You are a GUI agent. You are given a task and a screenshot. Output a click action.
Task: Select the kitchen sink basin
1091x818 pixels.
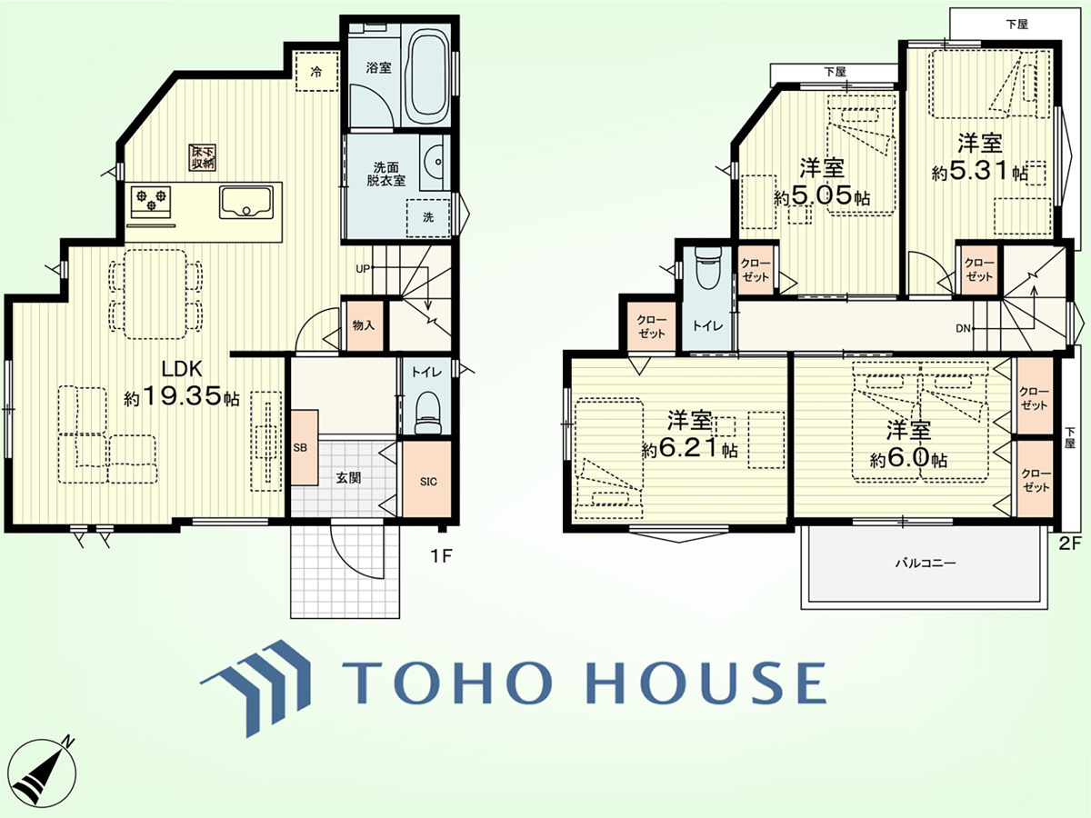(x=246, y=202)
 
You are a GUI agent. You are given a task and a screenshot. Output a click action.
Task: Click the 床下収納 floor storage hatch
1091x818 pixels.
(x=203, y=157)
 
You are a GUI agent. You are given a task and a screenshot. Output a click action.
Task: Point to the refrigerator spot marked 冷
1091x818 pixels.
(x=316, y=72)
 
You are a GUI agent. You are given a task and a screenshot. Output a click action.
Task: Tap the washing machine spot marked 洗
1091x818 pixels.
(x=428, y=217)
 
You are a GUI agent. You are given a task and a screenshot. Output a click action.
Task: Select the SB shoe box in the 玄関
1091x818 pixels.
(x=305, y=447)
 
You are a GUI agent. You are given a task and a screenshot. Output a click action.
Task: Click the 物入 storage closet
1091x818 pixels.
(x=365, y=325)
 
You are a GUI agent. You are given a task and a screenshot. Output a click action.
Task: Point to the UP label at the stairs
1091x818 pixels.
(x=364, y=269)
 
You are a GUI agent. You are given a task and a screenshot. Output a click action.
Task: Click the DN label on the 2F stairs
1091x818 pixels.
(x=963, y=328)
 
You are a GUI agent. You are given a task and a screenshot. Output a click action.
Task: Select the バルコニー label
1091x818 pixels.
(x=926, y=564)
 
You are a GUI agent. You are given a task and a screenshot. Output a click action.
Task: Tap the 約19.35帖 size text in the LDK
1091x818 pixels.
(x=182, y=397)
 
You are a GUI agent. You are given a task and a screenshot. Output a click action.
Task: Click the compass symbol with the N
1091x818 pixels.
(x=43, y=773)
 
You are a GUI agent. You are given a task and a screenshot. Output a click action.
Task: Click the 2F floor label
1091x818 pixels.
(x=1069, y=544)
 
